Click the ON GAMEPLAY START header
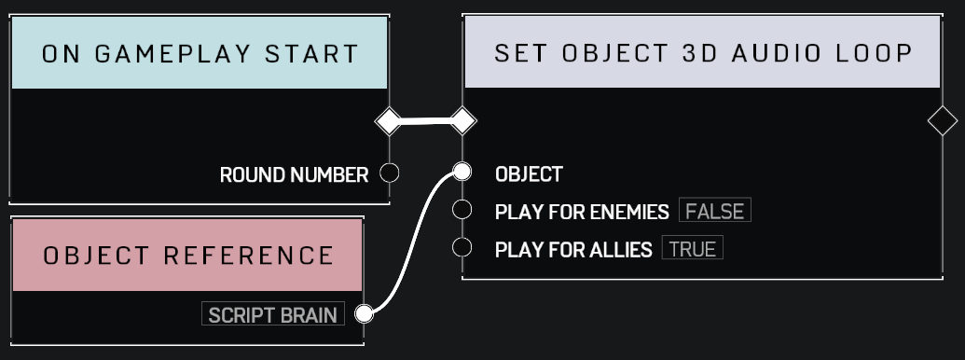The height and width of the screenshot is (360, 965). coord(200,53)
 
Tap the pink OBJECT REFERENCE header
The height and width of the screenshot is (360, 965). coord(187,255)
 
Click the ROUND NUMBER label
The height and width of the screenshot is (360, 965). coord(294,174)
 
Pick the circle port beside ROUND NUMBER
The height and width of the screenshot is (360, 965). coord(390,173)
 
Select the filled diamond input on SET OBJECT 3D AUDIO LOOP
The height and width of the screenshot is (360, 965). coord(462,120)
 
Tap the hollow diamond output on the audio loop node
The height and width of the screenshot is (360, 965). coord(943,120)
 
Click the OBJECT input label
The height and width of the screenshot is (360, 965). coord(529,174)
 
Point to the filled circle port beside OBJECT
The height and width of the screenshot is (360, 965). coord(462,172)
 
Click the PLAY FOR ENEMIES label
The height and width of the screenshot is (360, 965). coord(582,212)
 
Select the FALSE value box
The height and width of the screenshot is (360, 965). coord(714,211)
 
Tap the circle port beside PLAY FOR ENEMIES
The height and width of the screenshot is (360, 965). coord(462,210)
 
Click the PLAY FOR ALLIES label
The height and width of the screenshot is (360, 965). coord(573,249)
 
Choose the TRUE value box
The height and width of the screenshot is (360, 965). coord(692,248)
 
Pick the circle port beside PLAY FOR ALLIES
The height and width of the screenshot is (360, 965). coord(462,247)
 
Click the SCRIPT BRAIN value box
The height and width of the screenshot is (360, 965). coord(272,314)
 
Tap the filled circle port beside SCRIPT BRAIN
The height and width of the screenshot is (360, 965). coord(365,313)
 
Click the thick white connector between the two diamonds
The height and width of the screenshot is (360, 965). coord(425,120)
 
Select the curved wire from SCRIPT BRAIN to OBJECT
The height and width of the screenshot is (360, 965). coord(411,242)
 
